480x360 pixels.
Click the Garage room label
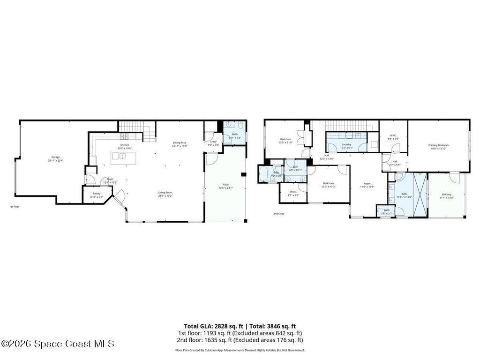coord(55,157)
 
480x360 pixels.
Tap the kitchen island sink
coord(122,156)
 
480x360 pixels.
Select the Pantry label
coord(97,194)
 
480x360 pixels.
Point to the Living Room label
coord(165,192)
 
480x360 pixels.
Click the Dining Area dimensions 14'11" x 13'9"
coord(180,147)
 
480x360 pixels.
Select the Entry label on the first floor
coord(213,142)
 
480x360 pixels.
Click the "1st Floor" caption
coord(15,207)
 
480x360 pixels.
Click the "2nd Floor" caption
coord(279,214)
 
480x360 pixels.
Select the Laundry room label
coord(346,144)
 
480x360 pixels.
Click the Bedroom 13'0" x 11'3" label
coord(328,183)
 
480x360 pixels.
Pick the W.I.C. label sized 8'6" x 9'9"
coord(393,136)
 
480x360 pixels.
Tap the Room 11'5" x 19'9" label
coord(367,184)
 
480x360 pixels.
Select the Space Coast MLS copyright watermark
coord(57,344)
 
